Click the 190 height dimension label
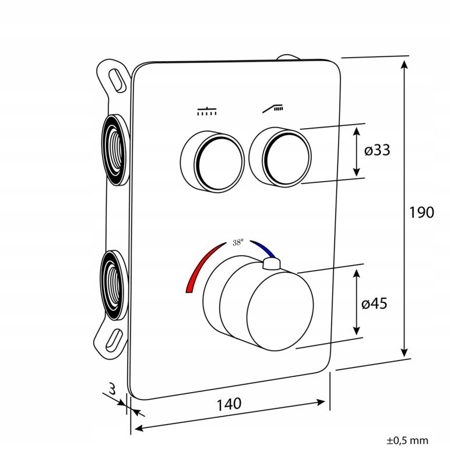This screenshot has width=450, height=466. pyautogui.click(x=421, y=213)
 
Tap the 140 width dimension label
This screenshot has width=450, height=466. pyautogui.click(x=228, y=404)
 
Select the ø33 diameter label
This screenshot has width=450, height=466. pyautogui.click(x=377, y=150)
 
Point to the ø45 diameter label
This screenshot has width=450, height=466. pyautogui.click(x=374, y=303)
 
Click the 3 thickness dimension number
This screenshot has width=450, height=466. pyautogui.click(x=112, y=389)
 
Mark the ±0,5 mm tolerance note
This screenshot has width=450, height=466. pyautogui.click(x=407, y=440)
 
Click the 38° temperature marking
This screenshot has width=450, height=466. pyautogui.click(x=238, y=242)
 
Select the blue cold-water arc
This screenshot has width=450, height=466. pyautogui.click(x=263, y=249)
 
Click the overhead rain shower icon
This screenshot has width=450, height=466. pyautogui.click(x=207, y=111)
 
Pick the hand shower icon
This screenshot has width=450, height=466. pyautogui.click(x=273, y=109)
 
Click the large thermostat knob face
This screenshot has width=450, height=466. pyautogui.click(x=280, y=315)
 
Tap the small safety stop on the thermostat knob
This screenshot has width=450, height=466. pyautogui.click(x=271, y=264)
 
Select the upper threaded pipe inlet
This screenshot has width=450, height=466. pyautogui.click(x=115, y=150)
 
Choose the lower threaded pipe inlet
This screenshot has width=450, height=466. pyautogui.click(x=113, y=285)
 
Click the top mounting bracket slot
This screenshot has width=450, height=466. pyautogui.click(x=118, y=80)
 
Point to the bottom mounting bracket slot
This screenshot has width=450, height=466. pyautogui.click(x=114, y=340)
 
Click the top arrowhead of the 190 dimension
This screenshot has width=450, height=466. pyautogui.click(x=404, y=65)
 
